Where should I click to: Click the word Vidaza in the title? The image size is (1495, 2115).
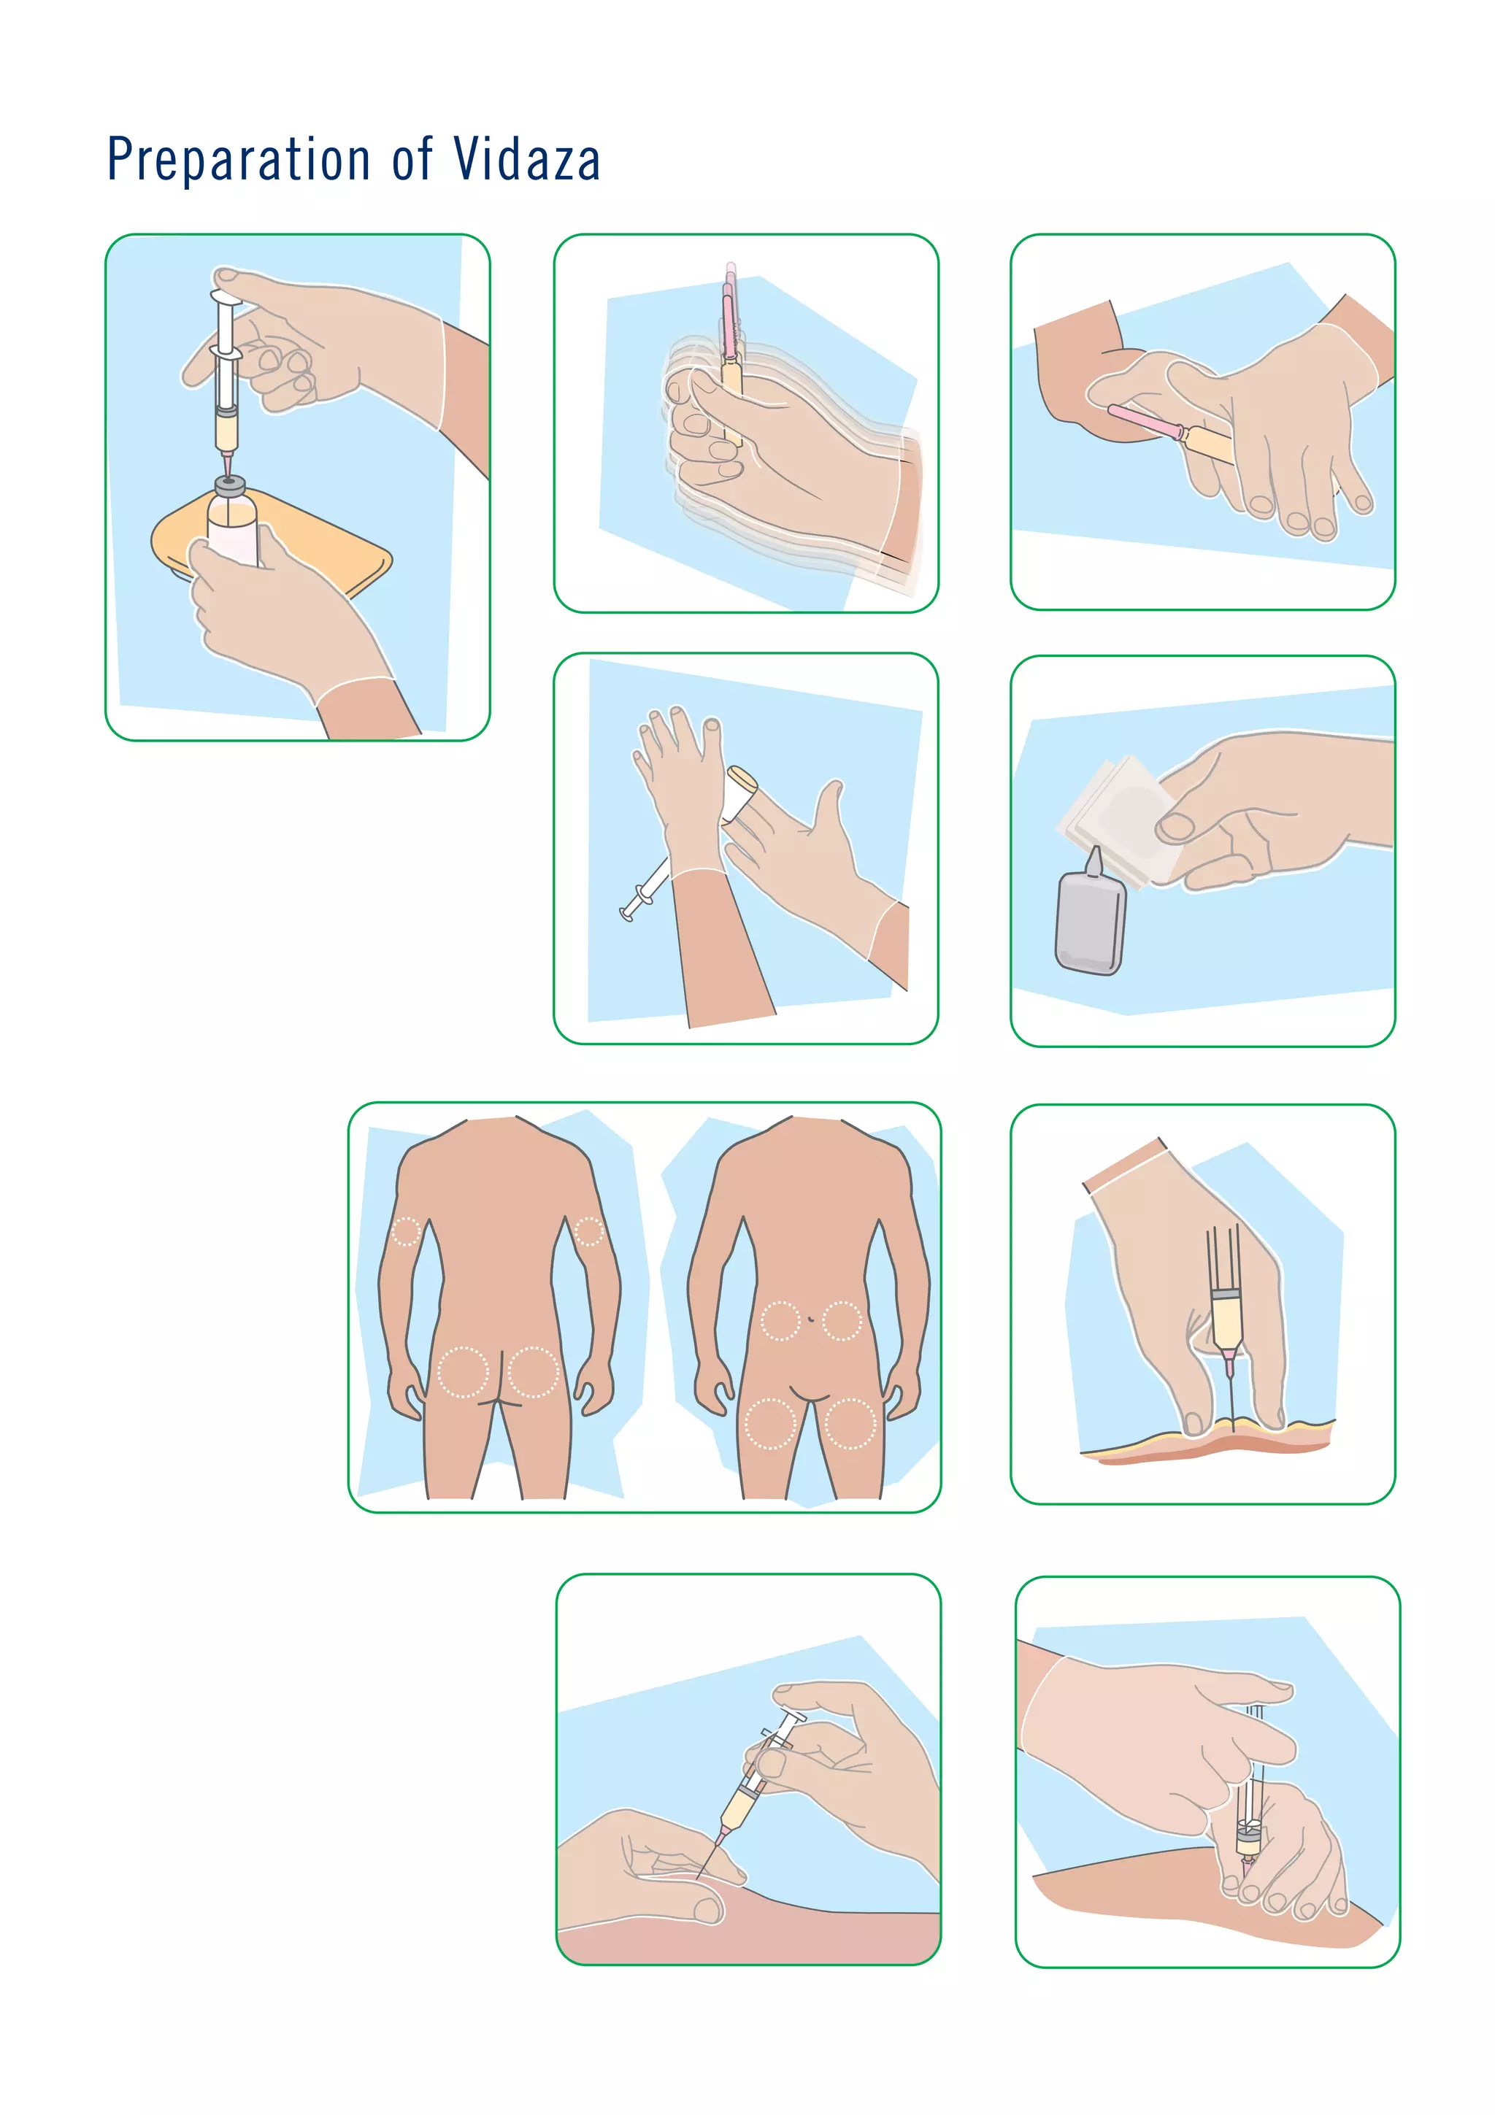pos(526,159)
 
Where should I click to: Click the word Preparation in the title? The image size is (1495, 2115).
pos(239,159)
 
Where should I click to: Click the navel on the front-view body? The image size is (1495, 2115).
pos(810,1319)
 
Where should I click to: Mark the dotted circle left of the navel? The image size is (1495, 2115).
pos(780,1320)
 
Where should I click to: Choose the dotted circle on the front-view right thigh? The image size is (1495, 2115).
pos(849,1423)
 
